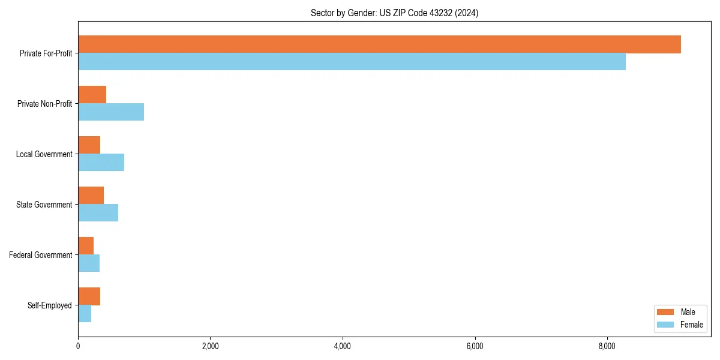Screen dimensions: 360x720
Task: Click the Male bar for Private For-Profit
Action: (x=379, y=44)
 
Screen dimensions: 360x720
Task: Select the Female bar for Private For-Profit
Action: (x=352, y=61)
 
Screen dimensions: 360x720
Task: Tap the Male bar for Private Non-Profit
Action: (x=92, y=95)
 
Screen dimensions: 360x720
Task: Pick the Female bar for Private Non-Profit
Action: (x=111, y=112)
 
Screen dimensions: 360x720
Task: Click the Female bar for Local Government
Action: (x=101, y=162)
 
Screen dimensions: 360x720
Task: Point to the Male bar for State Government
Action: (x=91, y=196)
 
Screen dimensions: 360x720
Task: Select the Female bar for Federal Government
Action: (x=89, y=263)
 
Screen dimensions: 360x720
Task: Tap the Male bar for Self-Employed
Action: (x=89, y=296)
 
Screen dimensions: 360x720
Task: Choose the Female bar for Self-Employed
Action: (x=85, y=313)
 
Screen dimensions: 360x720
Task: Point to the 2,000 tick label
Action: (x=210, y=346)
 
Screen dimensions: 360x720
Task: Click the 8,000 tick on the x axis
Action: (x=607, y=346)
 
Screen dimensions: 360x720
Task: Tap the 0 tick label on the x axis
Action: (x=78, y=346)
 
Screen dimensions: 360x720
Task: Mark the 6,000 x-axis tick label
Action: (x=475, y=346)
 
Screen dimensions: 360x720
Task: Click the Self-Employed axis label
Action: (x=50, y=305)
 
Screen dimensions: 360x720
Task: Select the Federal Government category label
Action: (x=41, y=255)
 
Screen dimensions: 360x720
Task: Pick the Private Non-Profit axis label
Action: (x=44, y=104)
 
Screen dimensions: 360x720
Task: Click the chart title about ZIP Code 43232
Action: (x=394, y=13)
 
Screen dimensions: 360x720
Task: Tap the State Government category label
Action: (x=44, y=205)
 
